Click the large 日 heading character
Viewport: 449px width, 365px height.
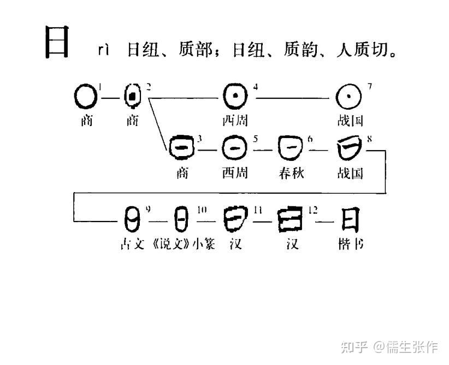point(56,43)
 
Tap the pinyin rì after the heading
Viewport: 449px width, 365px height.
point(104,51)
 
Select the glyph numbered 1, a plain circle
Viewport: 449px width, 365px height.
point(85,98)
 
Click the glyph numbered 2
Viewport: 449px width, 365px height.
point(133,97)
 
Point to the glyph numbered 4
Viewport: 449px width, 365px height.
point(235,97)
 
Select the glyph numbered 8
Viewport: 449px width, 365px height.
point(350,147)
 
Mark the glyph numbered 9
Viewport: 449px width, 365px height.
point(132,219)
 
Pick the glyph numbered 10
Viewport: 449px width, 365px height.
point(182,219)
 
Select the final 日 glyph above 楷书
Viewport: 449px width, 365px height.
point(350,219)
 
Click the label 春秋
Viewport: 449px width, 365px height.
point(291,173)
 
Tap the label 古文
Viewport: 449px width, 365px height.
point(132,244)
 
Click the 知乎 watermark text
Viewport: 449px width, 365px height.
point(354,346)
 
